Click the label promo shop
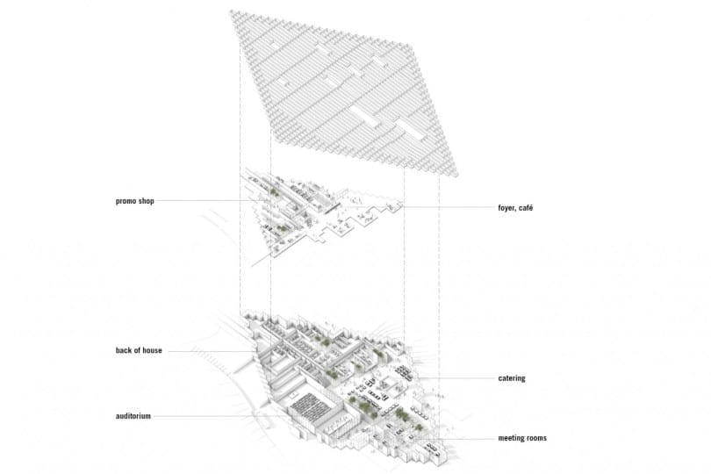click(x=134, y=201)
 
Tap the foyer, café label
click(x=515, y=208)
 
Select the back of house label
click(x=139, y=350)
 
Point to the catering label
click(x=512, y=378)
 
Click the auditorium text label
click(x=133, y=416)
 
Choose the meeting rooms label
click(x=522, y=438)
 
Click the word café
click(x=525, y=208)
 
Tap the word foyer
click(x=506, y=209)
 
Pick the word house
click(x=153, y=350)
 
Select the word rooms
click(x=536, y=438)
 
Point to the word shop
click(x=146, y=201)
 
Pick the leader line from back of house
click(x=212, y=351)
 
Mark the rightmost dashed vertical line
click(x=439, y=291)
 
